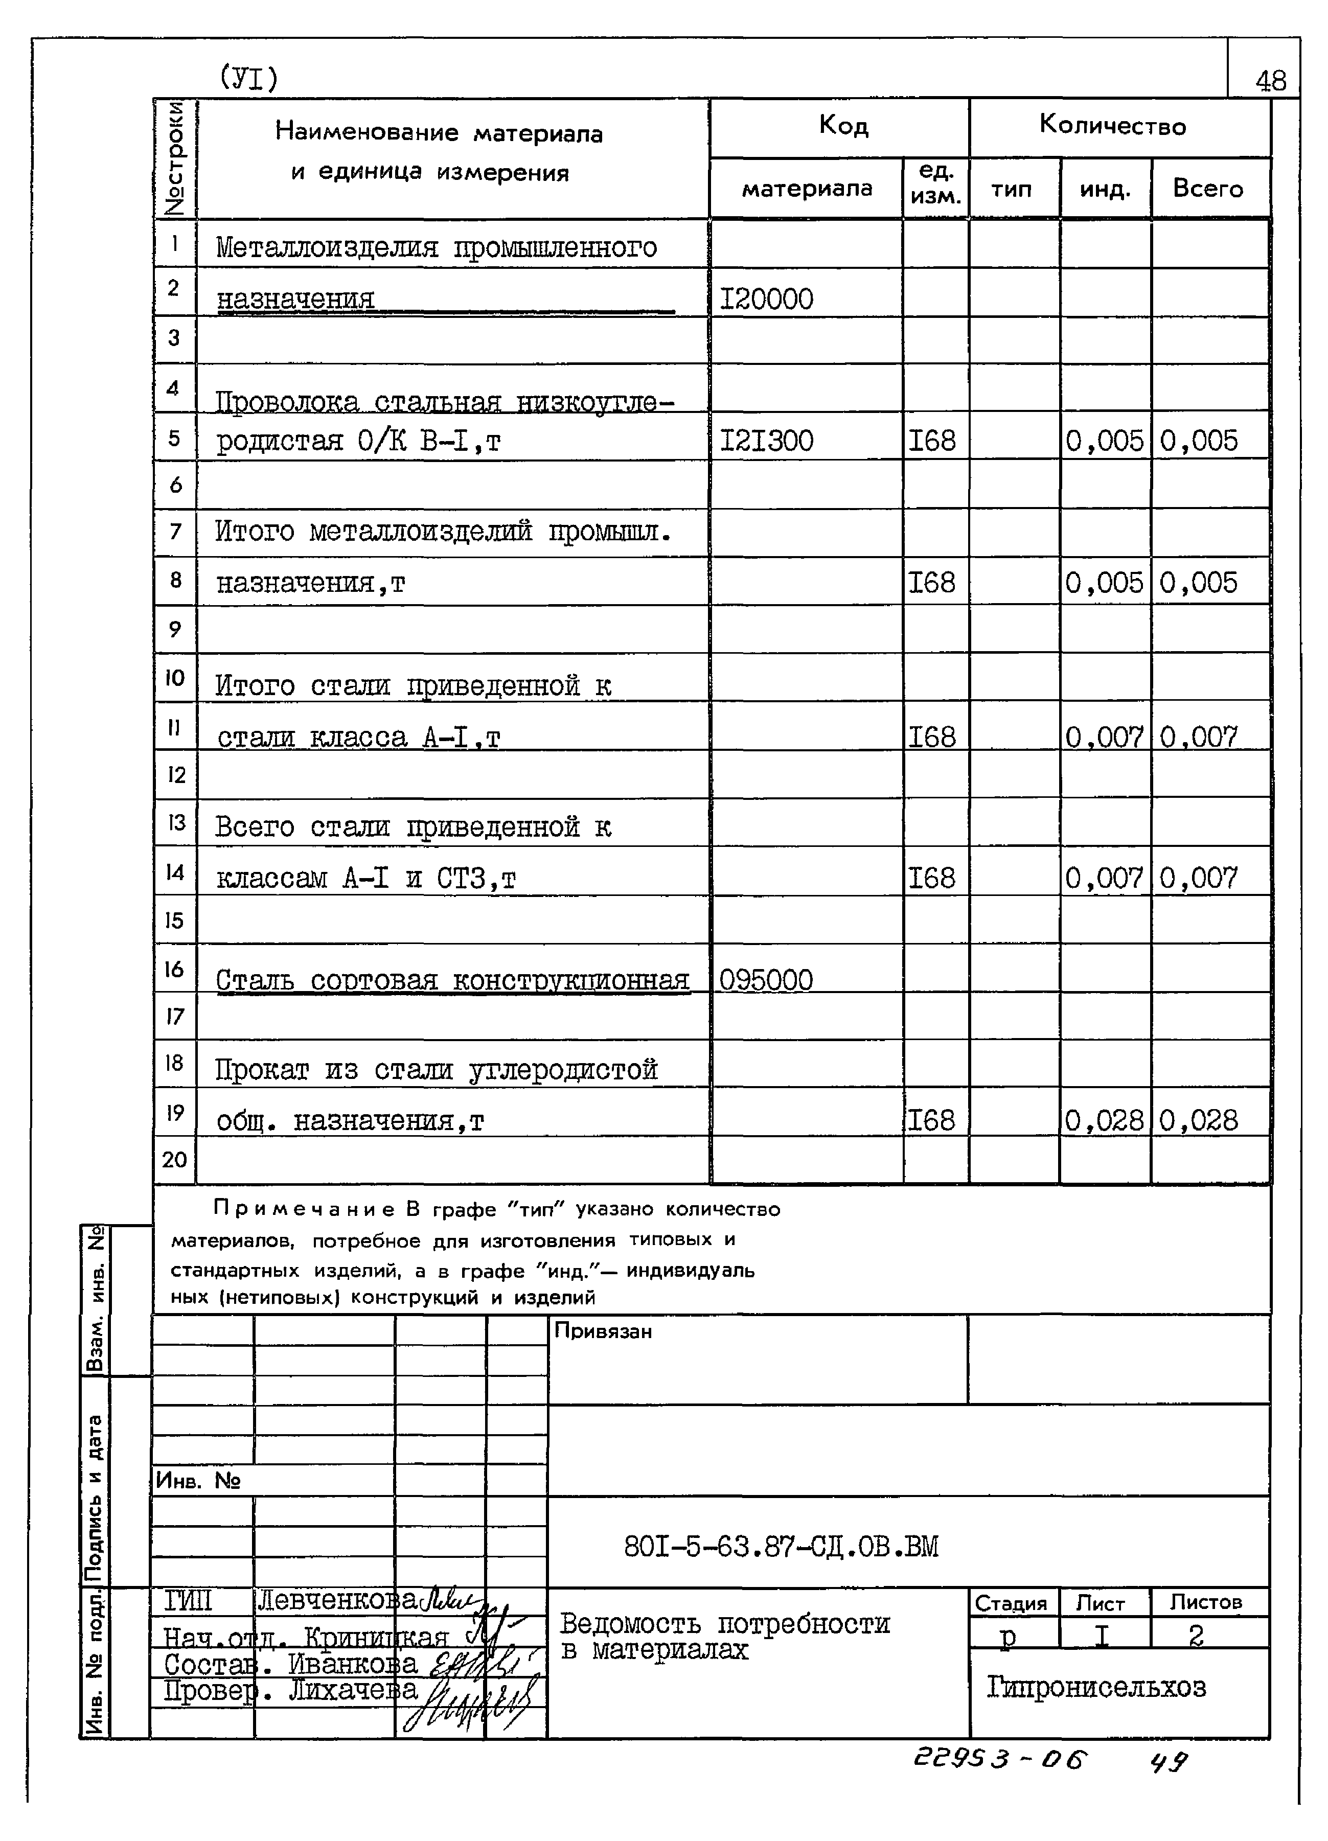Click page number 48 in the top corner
tap(1270, 80)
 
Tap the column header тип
tap(1012, 189)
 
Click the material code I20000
tap(766, 300)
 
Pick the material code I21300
tap(766, 441)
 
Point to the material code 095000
tap(766, 980)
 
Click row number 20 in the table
tap(174, 1159)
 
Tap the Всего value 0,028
tap(1198, 1121)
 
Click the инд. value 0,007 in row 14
tap(1104, 878)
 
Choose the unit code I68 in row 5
tap(932, 441)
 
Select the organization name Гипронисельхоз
tap(1096, 1688)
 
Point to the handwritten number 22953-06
tap(1000, 1760)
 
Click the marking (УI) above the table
tap(248, 78)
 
